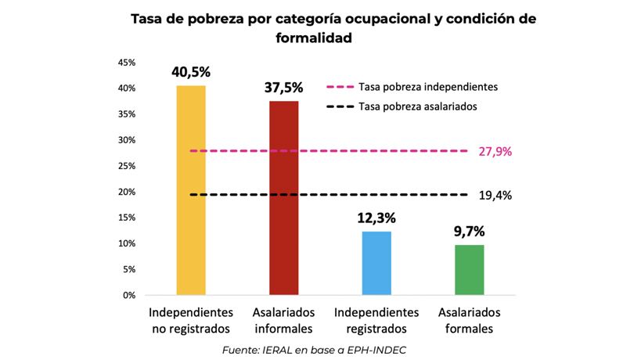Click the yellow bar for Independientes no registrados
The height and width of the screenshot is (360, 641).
tap(190, 190)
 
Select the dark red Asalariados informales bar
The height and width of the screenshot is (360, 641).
tap(283, 198)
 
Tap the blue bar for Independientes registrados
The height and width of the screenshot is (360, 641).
tap(376, 263)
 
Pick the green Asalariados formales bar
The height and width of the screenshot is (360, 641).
tap(470, 270)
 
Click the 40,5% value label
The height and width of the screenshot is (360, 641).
tap(191, 72)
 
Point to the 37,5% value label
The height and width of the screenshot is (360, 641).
tap(283, 88)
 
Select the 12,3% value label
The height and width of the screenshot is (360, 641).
tap(376, 218)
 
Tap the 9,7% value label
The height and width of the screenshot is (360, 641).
tap(470, 232)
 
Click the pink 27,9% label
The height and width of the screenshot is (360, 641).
tap(495, 151)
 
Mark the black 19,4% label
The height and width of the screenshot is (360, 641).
tap(495, 196)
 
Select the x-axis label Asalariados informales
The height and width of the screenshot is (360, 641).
tap(283, 320)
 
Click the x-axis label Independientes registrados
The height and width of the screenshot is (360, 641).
tap(376, 320)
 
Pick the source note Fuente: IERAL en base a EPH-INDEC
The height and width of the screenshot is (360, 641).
tap(320, 349)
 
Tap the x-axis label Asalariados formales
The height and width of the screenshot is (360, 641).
tap(470, 320)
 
